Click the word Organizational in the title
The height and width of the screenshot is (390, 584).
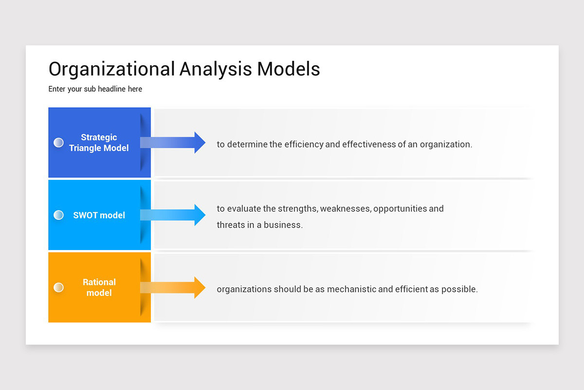[x=111, y=69]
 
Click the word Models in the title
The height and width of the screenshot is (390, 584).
[x=289, y=69]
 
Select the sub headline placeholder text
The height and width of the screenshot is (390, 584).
[x=95, y=89]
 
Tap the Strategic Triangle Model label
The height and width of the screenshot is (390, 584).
[x=99, y=143]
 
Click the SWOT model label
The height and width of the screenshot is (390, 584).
[x=99, y=215]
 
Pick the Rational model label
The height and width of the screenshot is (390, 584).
[x=99, y=288]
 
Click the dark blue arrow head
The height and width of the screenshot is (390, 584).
[x=200, y=142]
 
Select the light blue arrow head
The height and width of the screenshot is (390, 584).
[x=200, y=215]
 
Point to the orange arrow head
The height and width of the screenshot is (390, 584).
[x=200, y=288]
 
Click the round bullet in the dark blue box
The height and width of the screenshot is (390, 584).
[x=58, y=142]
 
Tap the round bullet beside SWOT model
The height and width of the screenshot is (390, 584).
[x=58, y=215]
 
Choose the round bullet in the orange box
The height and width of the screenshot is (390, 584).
[x=58, y=288]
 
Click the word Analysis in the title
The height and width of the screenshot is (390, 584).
[x=216, y=69]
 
